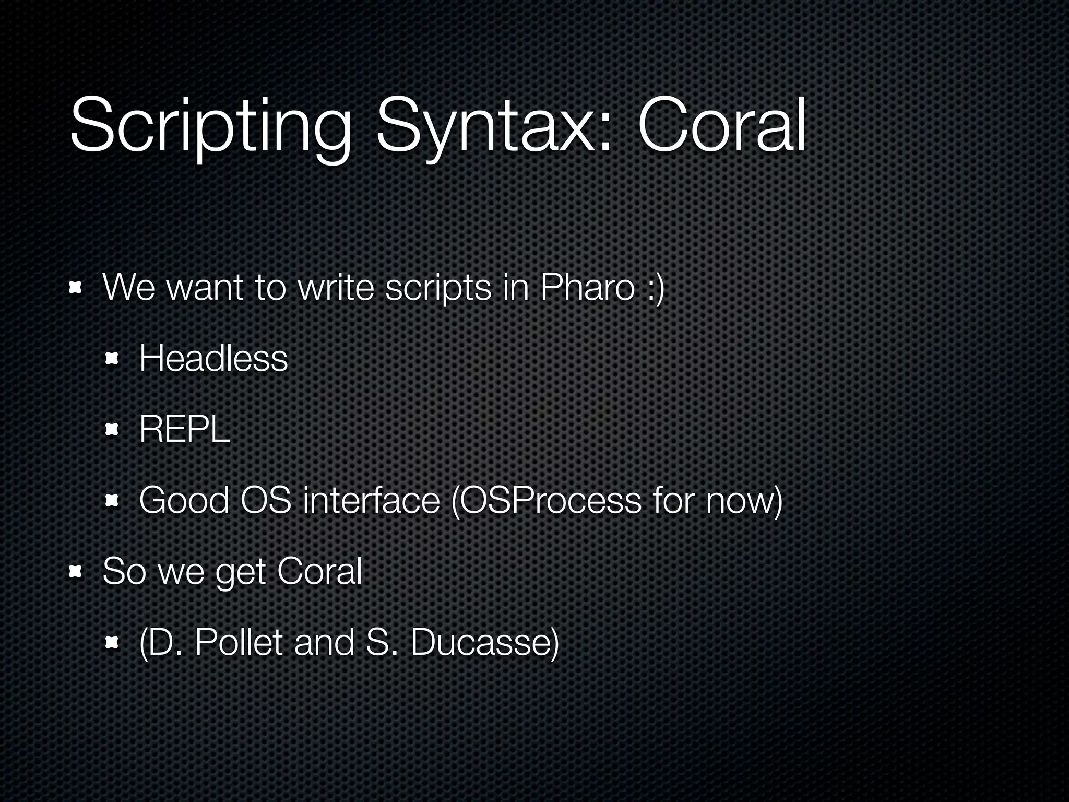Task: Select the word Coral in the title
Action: (x=721, y=125)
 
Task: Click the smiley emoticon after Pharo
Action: (x=655, y=288)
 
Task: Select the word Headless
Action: (x=213, y=359)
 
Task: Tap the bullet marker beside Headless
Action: (x=112, y=359)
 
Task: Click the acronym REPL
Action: (x=185, y=430)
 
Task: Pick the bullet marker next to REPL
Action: (x=112, y=430)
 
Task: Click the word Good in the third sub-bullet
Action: (x=184, y=500)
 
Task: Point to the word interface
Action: (x=371, y=500)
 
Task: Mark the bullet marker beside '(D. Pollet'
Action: (x=112, y=643)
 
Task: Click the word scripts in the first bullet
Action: (x=438, y=288)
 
